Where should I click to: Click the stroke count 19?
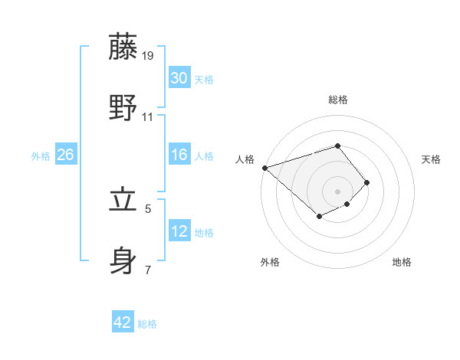[x=149, y=56]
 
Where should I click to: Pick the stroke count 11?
[x=148, y=117]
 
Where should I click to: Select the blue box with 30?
[x=179, y=79]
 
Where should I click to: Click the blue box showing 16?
[x=179, y=155]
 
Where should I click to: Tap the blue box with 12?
[x=179, y=231]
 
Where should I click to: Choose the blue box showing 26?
[x=66, y=155]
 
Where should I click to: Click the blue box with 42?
[x=123, y=322]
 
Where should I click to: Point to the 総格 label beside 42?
[x=147, y=324]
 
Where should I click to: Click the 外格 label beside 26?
[x=41, y=156]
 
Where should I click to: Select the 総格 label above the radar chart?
[x=337, y=100]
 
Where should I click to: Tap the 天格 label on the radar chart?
[x=432, y=159]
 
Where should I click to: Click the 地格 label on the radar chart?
[x=402, y=262]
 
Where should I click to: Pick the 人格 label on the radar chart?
[x=245, y=159]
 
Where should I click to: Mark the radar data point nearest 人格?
[x=264, y=167]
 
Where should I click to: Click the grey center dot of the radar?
[x=337, y=191]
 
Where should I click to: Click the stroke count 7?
[x=148, y=270]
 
